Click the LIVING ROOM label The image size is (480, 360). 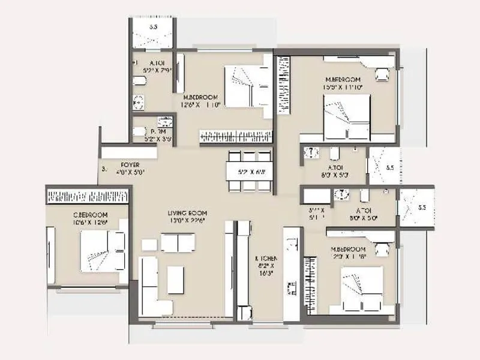click(x=187, y=213)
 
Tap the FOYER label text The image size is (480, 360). click(x=130, y=164)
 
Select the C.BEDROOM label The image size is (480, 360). click(x=91, y=215)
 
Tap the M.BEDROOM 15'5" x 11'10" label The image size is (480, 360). click(x=343, y=80)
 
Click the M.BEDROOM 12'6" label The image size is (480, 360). click(x=200, y=97)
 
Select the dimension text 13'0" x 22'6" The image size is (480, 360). click(x=187, y=220)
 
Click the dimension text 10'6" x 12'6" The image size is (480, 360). click(x=91, y=222)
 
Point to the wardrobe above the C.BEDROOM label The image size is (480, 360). click(x=88, y=196)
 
